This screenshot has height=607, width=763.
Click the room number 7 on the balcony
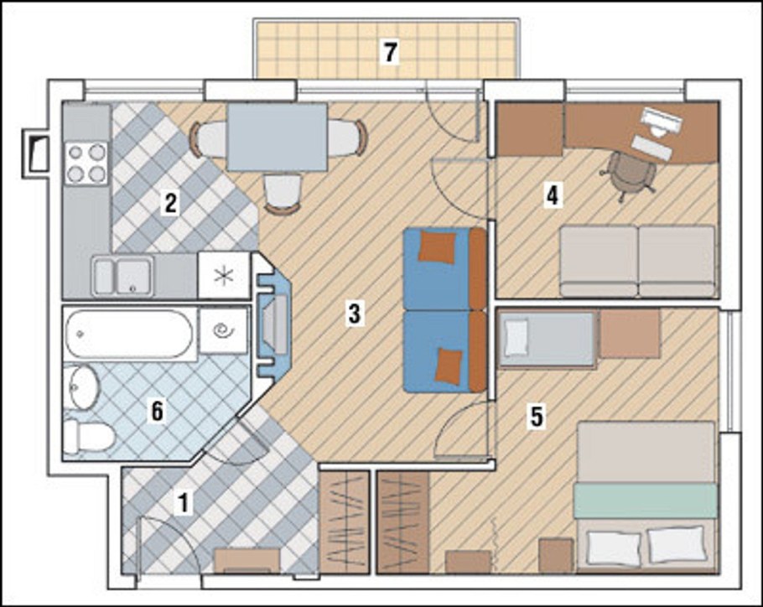[390, 53]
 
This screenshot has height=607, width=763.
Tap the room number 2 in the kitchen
[170, 203]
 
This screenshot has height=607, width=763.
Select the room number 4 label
[553, 196]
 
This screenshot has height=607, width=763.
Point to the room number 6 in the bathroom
[156, 411]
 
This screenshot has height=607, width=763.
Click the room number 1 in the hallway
[183, 502]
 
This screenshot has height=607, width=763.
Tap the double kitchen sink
[123, 277]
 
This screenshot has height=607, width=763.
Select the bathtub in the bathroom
[129, 334]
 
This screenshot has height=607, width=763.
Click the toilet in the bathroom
[90, 436]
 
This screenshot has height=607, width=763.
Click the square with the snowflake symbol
[224, 276]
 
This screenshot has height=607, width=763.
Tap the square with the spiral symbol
[224, 330]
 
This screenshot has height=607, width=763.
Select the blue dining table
[277, 137]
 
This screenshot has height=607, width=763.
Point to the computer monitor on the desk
[659, 121]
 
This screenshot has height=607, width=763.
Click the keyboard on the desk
[651, 148]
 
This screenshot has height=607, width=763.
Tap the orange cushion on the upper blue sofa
[438, 247]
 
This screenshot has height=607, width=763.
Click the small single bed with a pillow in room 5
[548, 339]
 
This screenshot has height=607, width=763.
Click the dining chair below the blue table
[283, 194]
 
